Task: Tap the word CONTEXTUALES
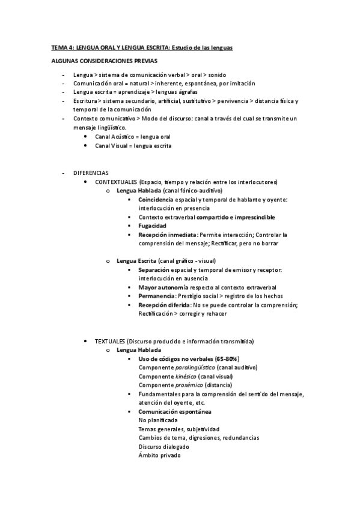click(116, 182)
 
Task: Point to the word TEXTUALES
click(111, 341)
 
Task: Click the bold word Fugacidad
click(152, 226)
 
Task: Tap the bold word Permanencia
click(156, 296)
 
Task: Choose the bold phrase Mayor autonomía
click(159, 287)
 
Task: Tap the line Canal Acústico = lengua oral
click(132, 137)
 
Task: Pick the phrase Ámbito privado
click(159, 455)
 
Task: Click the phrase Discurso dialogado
click(163, 447)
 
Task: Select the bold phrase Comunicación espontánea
click(174, 411)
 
